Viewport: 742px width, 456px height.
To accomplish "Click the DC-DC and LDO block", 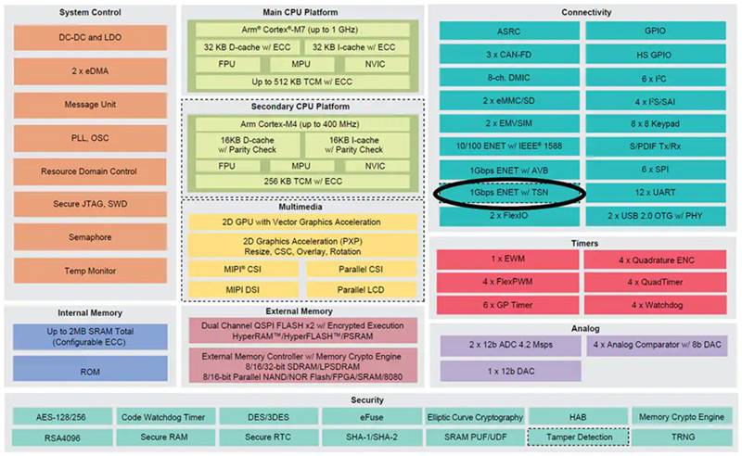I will pyautogui.click(x=90, y=38).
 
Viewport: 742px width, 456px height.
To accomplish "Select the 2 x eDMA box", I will pyautogui.click(x=90, y=71).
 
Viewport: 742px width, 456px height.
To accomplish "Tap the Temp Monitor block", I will pyautogui.click(x=90, y=271).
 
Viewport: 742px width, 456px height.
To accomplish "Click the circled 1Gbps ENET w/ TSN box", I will pyautogui.click(x=507, y=192).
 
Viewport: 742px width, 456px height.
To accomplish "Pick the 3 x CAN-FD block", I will pyautogui.click(x=507, y=53).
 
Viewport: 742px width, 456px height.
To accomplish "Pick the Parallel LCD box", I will pyautogui.click(x=361, y=289).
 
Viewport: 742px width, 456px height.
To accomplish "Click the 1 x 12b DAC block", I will pyautogui.click(x=507, y=370).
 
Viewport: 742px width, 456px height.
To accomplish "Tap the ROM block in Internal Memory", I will pyautogui.click(x=90, y=371).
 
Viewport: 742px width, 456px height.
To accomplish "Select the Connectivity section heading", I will pyautogui.click(x=585, y=12).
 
